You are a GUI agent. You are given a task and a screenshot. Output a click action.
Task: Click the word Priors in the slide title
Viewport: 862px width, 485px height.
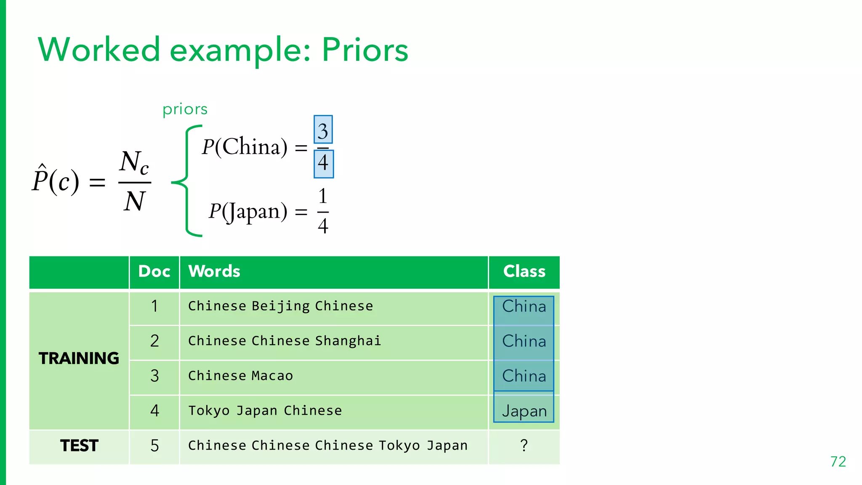coord(365,50)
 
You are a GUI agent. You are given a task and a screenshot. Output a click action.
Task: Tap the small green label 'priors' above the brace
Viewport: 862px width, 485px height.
coord(185,109)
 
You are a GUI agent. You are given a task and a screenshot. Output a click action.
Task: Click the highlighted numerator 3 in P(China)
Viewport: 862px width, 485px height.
coord(323,130)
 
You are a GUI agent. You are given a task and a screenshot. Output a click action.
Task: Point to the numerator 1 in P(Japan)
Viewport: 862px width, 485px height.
coord(322,196)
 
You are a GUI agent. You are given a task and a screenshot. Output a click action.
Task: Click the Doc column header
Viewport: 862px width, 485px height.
coord(154,272)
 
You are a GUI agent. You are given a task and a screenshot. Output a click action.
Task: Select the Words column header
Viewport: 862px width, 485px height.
coord(214,272)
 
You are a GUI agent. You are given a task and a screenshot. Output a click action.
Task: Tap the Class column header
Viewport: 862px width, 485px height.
coord(524,272)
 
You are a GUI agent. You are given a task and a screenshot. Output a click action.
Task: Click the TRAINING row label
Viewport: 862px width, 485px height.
coord(79,358)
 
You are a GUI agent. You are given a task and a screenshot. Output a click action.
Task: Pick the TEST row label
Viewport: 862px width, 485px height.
coord(79,445)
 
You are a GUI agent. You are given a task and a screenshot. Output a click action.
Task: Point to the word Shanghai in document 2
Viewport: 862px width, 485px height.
coord(348,341)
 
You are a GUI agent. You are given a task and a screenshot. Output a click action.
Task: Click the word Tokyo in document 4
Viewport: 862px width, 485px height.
coord(209,411)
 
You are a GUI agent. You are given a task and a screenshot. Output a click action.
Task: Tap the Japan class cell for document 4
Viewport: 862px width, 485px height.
coord(524,411)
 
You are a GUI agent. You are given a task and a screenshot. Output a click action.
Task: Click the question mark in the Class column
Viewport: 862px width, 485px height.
coord(524,445)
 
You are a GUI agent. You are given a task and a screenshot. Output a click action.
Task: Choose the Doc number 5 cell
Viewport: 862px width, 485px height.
coord(154,445)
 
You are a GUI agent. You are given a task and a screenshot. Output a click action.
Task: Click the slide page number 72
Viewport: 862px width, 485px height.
coord(838,462)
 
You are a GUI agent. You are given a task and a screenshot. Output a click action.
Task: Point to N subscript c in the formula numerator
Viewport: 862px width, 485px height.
coord(134,163)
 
